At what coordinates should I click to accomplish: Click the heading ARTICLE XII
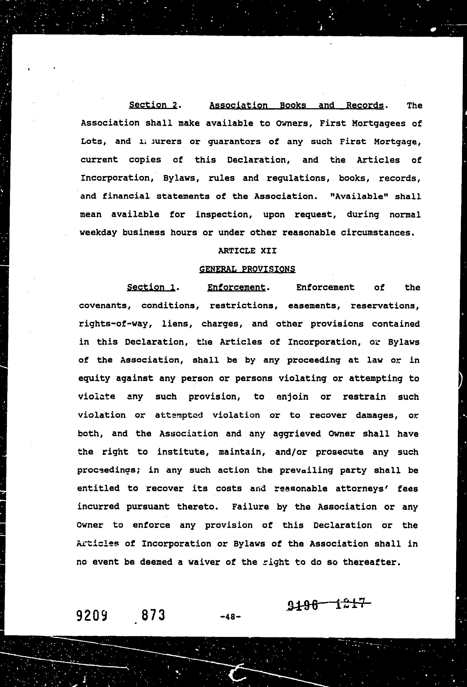click(x=247, y=251)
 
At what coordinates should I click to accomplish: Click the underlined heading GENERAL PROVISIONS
click(x=247, y=269)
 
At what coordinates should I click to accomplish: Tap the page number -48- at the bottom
click(x=231, y=617)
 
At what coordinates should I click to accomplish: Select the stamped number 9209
click(x=92, y=616)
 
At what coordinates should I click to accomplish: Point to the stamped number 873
click(x=153, y=615)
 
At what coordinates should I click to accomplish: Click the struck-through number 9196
click(x=302, y=605)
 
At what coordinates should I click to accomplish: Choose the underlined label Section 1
click(x=151, y=287)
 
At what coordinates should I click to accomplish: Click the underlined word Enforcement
click(x=236, y=287)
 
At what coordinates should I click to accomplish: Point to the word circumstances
click(x=376, y=233)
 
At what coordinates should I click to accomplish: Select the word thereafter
click(x=371, y=562)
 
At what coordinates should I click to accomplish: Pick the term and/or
click(x=291, y=452)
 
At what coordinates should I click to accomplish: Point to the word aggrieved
click(x=297, y=434)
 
